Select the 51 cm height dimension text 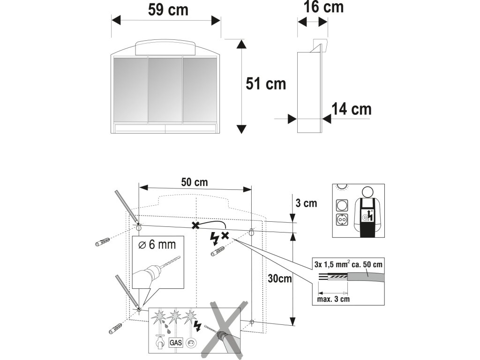(x=265, y=84)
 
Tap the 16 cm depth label (x=323, y=7)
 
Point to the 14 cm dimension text (x=351, y=109)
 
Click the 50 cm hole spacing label (x=195, y=182)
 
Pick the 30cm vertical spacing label (x=280, y=279)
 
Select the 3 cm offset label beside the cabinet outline (x=306, y=203)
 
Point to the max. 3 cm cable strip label (x=333, y=298)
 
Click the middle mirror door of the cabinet (x=165, y=90)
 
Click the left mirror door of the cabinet (x=130, y=90)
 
